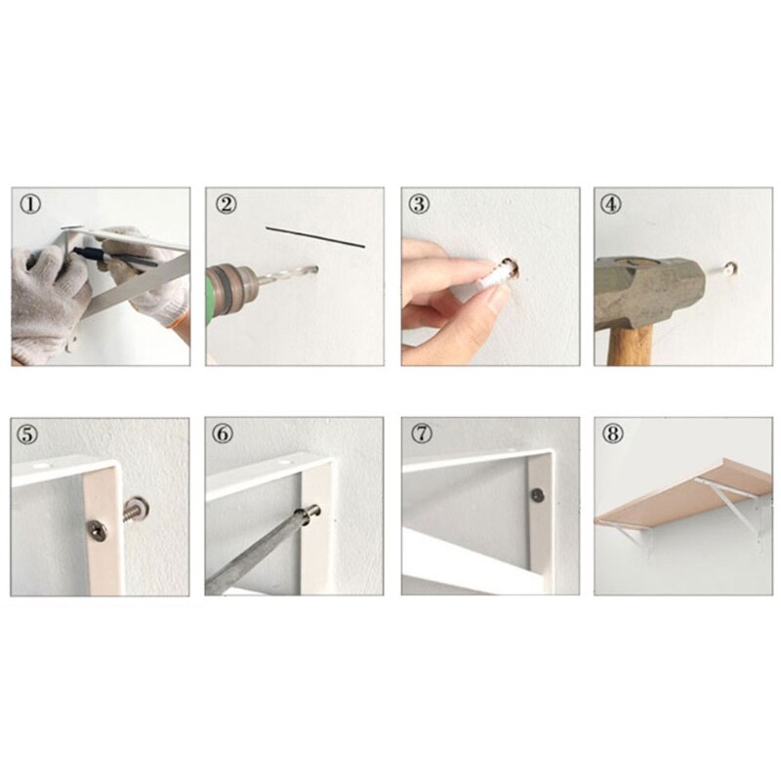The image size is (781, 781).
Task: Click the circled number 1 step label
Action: click(31, 204)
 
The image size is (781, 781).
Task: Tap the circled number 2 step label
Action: click(226, 204)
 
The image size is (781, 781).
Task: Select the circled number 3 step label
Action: click(420, 204)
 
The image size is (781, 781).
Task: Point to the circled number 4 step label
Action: click(612, 204)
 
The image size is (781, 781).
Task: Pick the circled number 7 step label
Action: click(420, 434)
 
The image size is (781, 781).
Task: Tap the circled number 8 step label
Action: click(612, 434)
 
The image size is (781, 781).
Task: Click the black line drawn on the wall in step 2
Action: click(314, 237)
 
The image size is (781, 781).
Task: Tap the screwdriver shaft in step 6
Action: click(259, 552)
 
